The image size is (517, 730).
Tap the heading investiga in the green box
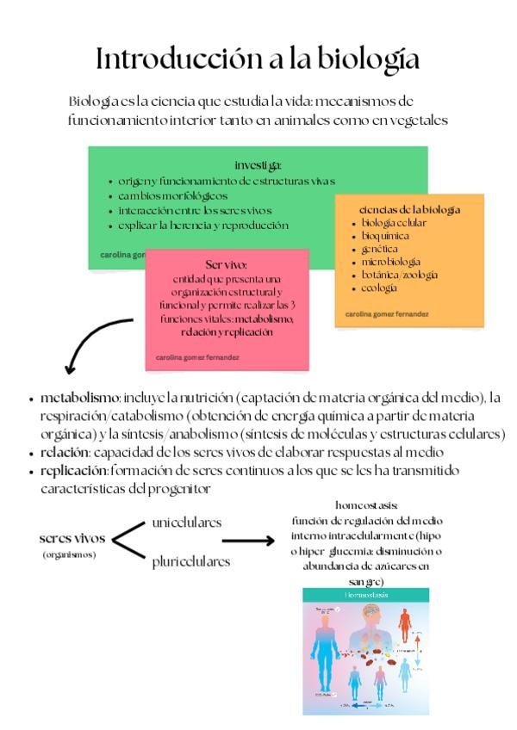(x=258, y=164)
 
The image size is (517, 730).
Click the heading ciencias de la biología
(x=409, y=209)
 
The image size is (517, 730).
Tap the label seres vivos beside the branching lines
(x=72, y=539)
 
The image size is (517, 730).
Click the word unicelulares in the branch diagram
(x=186, y=523)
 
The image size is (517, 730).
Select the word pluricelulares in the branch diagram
(x=191, y=562)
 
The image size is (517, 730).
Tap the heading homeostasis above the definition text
(x=366, y=505)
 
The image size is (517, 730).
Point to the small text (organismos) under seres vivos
(x=69, y=554)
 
